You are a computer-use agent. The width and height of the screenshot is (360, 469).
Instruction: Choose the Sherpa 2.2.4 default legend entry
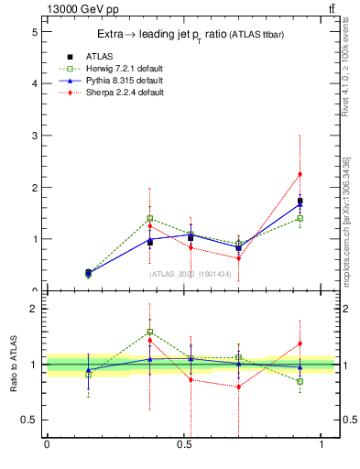click(x=111, y=93)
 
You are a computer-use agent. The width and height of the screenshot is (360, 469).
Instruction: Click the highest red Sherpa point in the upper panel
click(x=300, y=174)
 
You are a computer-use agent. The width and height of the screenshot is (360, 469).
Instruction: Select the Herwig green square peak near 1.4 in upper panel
click(x=150, y=219)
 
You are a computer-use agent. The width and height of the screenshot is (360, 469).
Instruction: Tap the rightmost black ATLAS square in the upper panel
click(x=300, y=201)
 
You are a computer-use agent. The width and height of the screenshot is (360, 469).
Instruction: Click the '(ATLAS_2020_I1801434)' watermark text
click(x=190, y=273)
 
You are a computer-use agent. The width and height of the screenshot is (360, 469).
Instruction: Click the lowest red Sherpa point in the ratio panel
click(x=239, y=387)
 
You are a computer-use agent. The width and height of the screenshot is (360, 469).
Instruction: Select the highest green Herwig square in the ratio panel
click(x=150, y=332)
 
